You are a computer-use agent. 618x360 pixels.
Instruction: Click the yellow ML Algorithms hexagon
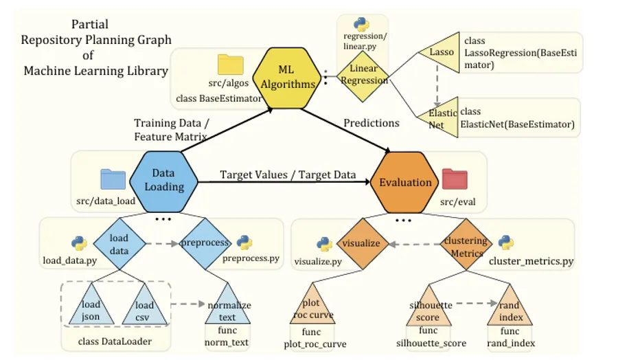click(x=286, y=78)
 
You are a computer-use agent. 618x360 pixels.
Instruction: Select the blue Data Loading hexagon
click(x=163, y=182)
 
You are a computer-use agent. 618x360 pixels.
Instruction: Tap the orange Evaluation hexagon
click(x=404, y=183)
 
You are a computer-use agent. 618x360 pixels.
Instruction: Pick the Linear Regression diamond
click(x=363, y=76)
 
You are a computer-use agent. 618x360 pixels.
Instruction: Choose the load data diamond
click(x=119, y=244)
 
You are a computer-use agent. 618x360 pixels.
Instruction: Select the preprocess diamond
click(x=205, y=244)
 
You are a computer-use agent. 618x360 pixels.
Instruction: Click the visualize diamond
click(x=363, y=244)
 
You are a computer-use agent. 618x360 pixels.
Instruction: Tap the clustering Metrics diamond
click(x=466, y=245)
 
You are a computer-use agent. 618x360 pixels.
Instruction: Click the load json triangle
click(x=91, y=308)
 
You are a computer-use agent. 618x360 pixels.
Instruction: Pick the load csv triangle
click(x=144, y=308)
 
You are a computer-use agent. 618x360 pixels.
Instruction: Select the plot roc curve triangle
click(x=312, y=307)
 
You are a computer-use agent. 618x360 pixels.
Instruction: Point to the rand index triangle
click(x=510, y=308)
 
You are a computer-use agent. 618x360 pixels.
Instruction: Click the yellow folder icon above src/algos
click(x=231, y=65)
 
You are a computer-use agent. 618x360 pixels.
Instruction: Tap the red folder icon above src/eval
click(x=455, y=179)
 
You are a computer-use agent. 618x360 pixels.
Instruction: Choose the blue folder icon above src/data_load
click(x=113, y=179)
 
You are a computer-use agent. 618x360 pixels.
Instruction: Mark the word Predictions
click(x=371, y=123)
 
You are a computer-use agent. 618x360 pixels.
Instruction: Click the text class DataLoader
click(x=115, y=341)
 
